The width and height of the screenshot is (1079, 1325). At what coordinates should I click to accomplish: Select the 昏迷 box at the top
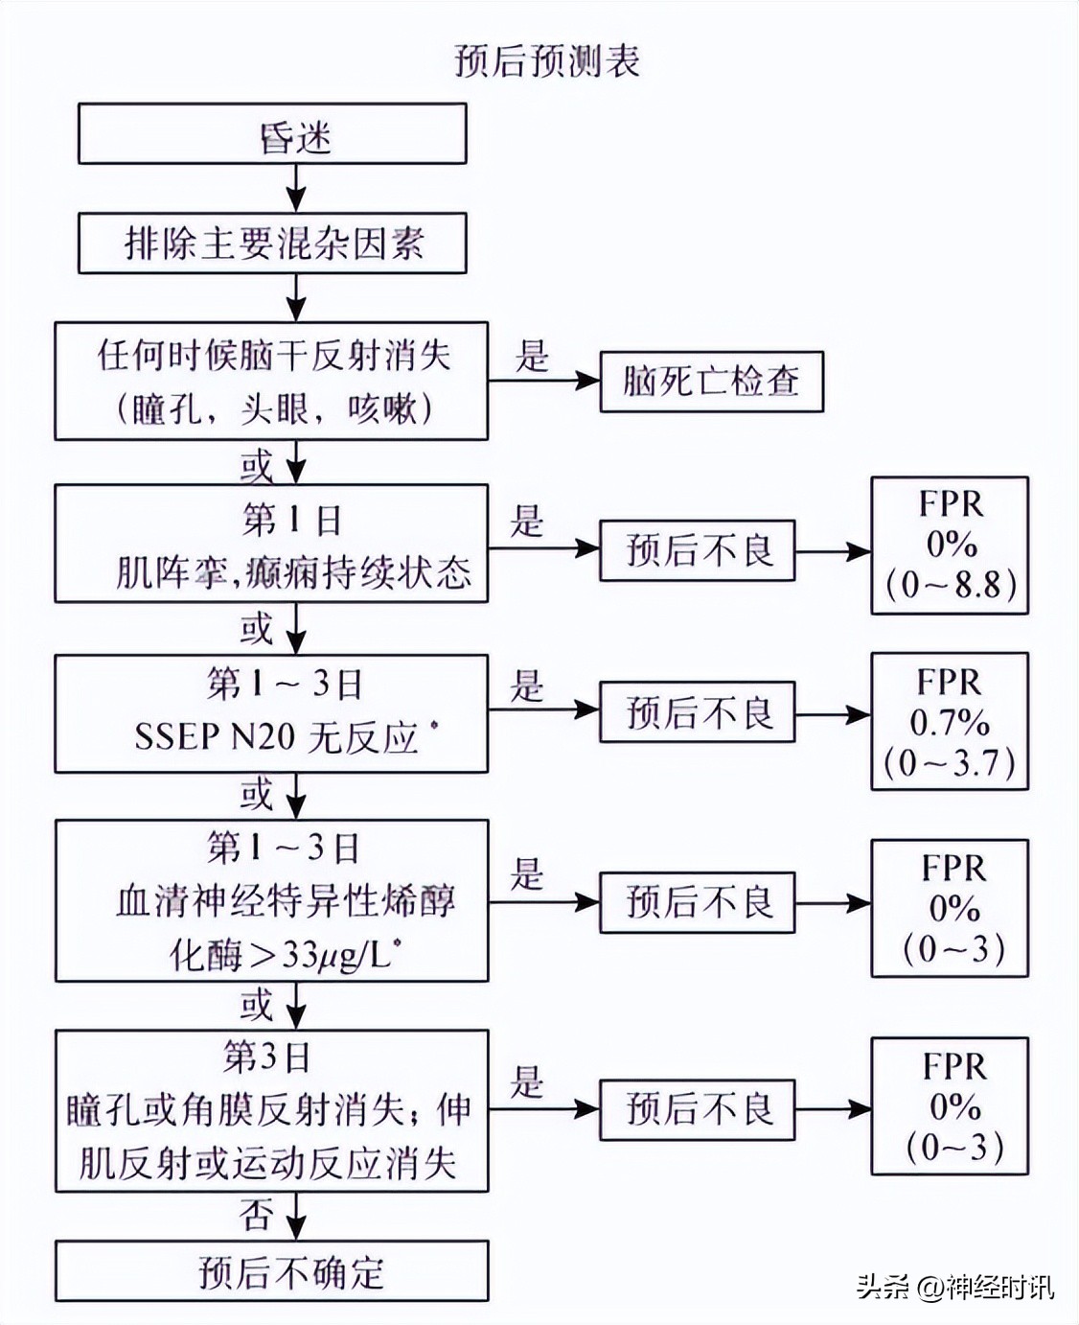(x=272, y=134)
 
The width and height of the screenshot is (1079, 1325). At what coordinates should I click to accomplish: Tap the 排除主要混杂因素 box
(x=272, y=244)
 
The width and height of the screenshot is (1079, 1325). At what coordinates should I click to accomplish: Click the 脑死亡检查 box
(x=711, y=382)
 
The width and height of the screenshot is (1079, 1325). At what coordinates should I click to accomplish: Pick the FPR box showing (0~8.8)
(x=949, y=545)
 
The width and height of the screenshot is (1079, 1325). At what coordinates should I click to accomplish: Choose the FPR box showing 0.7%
(x=949, y=721)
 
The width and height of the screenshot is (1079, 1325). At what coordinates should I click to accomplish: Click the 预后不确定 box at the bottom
(x=272, y=1271)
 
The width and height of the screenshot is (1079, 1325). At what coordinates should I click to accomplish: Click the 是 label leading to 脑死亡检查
(x=532, y=356)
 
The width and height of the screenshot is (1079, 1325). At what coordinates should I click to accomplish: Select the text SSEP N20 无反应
(x=277, y=737)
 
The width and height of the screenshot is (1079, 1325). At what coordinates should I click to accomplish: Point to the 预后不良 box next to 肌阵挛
(x=698, y=550)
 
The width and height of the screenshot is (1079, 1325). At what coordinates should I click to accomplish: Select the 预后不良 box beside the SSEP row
(x=698, y=712)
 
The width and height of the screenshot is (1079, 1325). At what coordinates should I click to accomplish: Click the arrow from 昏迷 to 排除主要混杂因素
(x=297, y=188)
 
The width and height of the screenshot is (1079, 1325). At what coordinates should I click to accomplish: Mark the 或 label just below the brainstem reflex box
(x=257, y=466)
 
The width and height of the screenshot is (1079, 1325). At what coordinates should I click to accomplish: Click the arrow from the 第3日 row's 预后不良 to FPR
(x=832, y=1110)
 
